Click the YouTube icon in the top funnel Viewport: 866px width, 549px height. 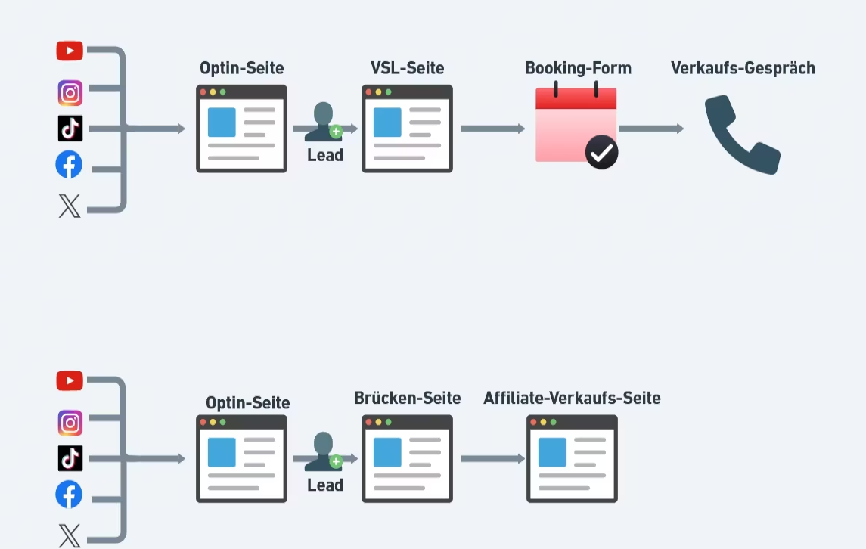click(x=70, y=51)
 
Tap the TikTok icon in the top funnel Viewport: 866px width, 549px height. click(x=70, y=129)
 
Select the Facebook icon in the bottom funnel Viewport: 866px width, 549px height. click(x=69, y=495)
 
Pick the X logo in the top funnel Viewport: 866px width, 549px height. click(x=69, y=205)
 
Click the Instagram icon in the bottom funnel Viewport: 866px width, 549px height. click(x=70, y=423)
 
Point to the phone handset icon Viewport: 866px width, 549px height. click(x=741, y=134)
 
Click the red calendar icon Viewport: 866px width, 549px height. click(x=576, y=125)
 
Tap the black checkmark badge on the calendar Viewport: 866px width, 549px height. click(x=601, y=154)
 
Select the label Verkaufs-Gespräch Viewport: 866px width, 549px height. click(x=743, y=68)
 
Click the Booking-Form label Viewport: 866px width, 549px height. click(x=578, y=68)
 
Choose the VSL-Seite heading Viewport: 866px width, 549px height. click(x=407, y=68)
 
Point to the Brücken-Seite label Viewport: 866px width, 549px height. click(x=407, y=398)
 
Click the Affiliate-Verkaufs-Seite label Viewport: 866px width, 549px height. click(x=572, y=398)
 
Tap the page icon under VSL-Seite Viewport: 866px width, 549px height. click(x=407, y=129)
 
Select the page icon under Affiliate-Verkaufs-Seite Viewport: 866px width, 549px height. click(x=572, y=458)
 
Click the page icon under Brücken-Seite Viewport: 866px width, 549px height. click(x=407, y=458)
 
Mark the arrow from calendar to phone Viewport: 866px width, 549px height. click(x=651, y=129)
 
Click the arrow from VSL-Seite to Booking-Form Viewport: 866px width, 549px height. click(x=492, y=129)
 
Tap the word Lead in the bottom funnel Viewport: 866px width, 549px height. click(x=325, y=485)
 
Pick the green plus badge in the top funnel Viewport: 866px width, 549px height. click(x=336, y=132)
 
